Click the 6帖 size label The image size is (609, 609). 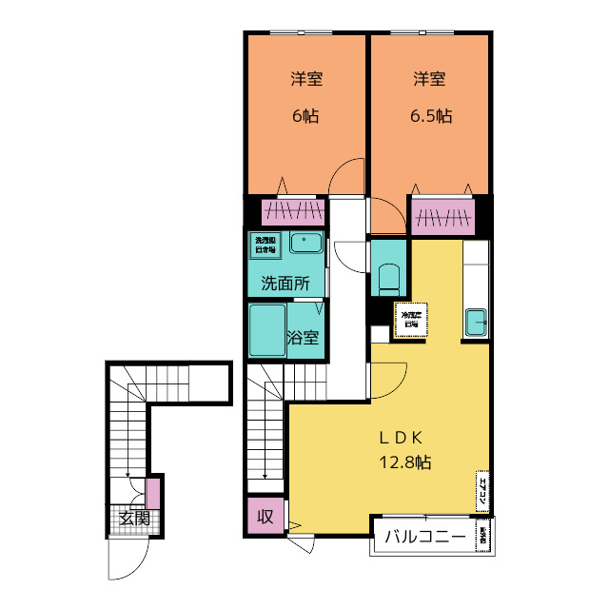pos(305,117)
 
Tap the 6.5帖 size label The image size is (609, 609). pos(430,117)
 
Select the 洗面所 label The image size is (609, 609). pos(285,283)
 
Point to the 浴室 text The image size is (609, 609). pos(303,337)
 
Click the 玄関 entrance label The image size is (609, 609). pos(134,519)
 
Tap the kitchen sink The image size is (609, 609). pos(476,323)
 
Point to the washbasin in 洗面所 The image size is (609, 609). pos(305,243)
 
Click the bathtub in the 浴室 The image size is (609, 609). pos(267,330)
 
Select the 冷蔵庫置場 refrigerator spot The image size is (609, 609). pos(411,319)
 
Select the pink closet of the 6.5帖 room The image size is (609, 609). pos(442,217)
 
